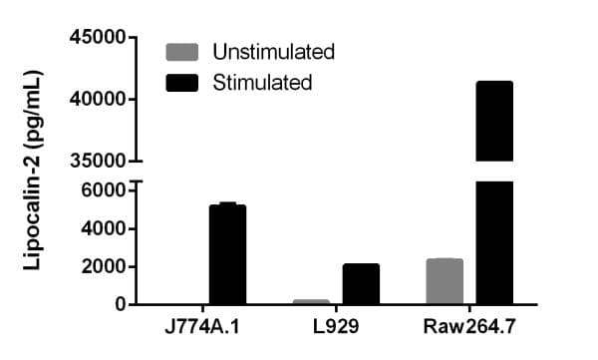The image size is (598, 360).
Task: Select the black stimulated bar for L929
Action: [x=361, y=284]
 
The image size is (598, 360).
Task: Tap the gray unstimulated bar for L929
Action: [x=311, y=301]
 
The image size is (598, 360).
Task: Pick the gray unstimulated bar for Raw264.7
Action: [x=445, y=281]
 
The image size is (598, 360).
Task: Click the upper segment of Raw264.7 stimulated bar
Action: [x=494, y=121]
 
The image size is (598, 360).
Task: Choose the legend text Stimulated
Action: [x=262, y=82]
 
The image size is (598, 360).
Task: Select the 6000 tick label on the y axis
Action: [x=104, y=189]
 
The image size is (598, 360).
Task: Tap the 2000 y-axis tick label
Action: [x=104, y=266]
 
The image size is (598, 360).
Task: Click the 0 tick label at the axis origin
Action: [x=119, y=304]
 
